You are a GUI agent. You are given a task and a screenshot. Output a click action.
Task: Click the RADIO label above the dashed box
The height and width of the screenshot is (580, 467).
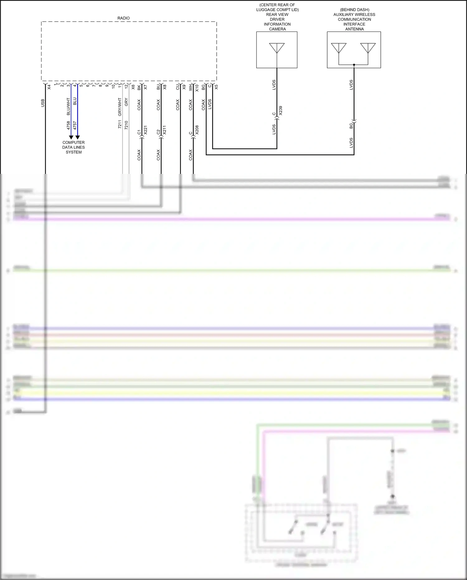pyautogui.click(x=123, y=18)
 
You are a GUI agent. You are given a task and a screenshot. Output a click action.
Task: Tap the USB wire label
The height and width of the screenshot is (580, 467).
pyautogui.click(x=43, y=103)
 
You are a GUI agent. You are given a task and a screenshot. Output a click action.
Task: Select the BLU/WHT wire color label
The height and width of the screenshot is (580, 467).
pyautogui.click(x=68, y=107)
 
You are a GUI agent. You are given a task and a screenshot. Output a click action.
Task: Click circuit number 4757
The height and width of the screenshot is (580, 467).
pyautogui.click(x=75, y=126)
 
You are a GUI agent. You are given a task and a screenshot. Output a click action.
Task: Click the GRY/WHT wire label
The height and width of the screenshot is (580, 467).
pyautogui.click(x=120, y=107)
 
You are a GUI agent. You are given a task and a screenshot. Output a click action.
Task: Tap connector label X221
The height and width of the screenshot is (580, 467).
pyautogui.click(x=145, y=130)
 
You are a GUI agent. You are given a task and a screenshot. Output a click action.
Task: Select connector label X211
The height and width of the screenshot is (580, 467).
pyautogui.click(x=164, y=130)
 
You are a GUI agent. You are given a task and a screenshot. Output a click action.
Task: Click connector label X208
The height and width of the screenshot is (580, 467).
pyautogui.click(x=197, y=130)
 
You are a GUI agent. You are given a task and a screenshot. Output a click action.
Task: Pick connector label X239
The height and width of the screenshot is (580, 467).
pyautogui.click(x=281, y=111)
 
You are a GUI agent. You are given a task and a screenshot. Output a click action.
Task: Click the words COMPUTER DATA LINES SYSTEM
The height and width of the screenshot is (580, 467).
pyautogui.click(x=73, y=147)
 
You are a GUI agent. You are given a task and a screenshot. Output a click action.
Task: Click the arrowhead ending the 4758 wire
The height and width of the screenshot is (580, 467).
pyautogui.click(x=71, y=137)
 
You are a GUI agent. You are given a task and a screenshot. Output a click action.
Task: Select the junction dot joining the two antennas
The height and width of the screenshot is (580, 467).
pyautogui.click(x=354, y=65)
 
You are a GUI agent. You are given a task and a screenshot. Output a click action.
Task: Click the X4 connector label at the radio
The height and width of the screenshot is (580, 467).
pyautogui.click(x=49, y=87)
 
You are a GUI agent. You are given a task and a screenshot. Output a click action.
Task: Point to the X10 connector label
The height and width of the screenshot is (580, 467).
pyautogui.click(x=197, y=88)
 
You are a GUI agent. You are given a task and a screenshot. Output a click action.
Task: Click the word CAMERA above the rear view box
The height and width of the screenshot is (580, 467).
pyautogui.click(x=277, y=29)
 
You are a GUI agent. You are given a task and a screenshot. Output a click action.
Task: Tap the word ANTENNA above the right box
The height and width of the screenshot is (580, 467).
pyautogui.click(x=354, y=29)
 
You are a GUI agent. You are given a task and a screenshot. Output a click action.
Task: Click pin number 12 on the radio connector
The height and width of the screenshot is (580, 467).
pyautogui.click(x=126, y=86)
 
